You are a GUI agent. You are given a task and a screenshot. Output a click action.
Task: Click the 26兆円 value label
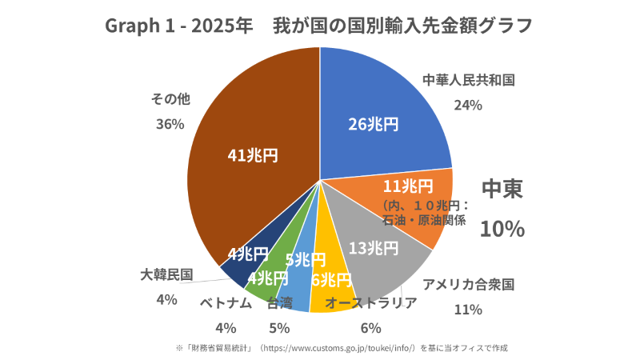click(x=373, y=124)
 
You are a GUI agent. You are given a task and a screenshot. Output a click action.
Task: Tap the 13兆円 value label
click(x=373, y=248)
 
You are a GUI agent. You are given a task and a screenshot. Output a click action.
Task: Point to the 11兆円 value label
click(x=408, y=186)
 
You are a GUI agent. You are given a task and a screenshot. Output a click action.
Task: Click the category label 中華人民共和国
click(x=468, y=80)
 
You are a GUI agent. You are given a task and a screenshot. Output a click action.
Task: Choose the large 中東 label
click(x=502, y=189)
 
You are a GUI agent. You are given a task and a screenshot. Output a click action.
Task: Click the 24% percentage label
click(x=468, y=105)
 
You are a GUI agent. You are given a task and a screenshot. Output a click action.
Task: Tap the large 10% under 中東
click(x=502, y=229)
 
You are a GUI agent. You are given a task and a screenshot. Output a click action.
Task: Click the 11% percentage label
click(x=468, y=309)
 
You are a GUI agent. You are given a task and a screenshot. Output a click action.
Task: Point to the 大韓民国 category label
click(x=166, y=274)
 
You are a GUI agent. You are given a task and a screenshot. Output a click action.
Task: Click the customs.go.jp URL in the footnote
click(x=345, y=348)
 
